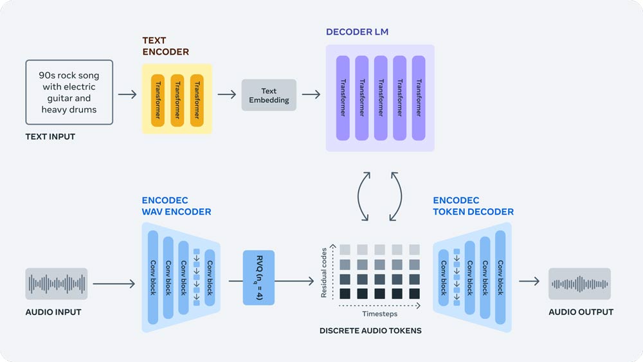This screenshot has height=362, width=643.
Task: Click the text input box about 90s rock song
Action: (69, 92)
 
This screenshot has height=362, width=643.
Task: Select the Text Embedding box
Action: (269, 95)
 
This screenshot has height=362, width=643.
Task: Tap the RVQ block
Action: (258, 277)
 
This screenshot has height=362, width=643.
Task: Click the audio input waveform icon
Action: (57, 284)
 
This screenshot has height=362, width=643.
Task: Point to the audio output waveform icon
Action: (579, 284)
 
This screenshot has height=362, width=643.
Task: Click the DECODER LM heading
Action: (357, 32)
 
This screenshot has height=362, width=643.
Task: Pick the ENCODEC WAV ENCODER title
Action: (176, 206)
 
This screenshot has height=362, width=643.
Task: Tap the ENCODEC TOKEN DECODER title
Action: (473, 206)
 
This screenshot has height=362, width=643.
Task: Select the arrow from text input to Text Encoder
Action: (127, 95)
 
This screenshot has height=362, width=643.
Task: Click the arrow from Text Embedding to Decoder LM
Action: (311, 95)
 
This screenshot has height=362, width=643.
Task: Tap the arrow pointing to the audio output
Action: (529, 281)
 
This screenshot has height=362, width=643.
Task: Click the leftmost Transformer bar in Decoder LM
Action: (343, 98)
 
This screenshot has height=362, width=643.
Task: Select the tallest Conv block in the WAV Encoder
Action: (153, 277)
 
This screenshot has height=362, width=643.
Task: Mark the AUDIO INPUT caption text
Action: (53, 312)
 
